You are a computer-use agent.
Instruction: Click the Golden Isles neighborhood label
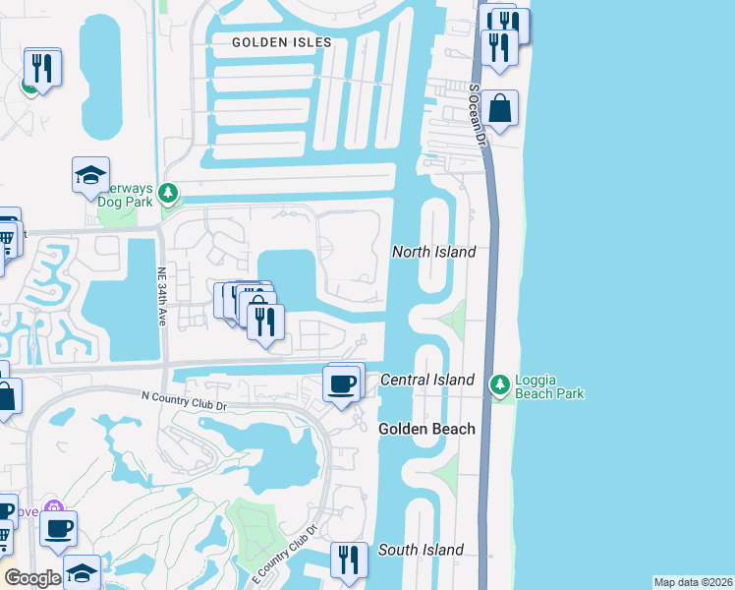point(282,42)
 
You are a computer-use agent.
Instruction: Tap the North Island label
point(433,252)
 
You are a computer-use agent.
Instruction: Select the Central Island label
point(426,380)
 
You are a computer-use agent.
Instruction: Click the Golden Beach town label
point(427,429)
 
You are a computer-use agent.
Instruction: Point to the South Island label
point(420,550)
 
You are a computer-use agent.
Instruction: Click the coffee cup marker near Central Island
point(341,383)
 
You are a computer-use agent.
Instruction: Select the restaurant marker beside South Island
point(349,560)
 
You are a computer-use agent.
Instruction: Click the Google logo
point(32,578)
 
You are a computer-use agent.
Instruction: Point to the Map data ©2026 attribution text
point(692,582)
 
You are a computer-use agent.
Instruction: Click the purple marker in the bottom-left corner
point(54,511)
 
